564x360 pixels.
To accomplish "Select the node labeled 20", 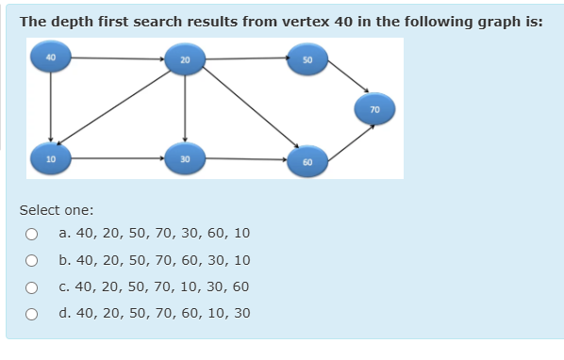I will [185, 59].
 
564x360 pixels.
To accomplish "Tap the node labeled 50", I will [307, 58].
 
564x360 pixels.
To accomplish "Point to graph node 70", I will [374, 108].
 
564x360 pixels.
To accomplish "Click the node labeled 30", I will [185, 157].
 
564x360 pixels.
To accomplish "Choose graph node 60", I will [308, 161].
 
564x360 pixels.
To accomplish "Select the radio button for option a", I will [31, 233].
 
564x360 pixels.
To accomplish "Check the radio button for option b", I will [31, 260].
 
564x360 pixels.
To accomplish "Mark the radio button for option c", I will [31, 286].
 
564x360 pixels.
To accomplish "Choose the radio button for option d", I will [31, 313].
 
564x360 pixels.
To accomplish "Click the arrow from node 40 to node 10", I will [51, 106].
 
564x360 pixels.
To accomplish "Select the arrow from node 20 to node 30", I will [185, 108].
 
